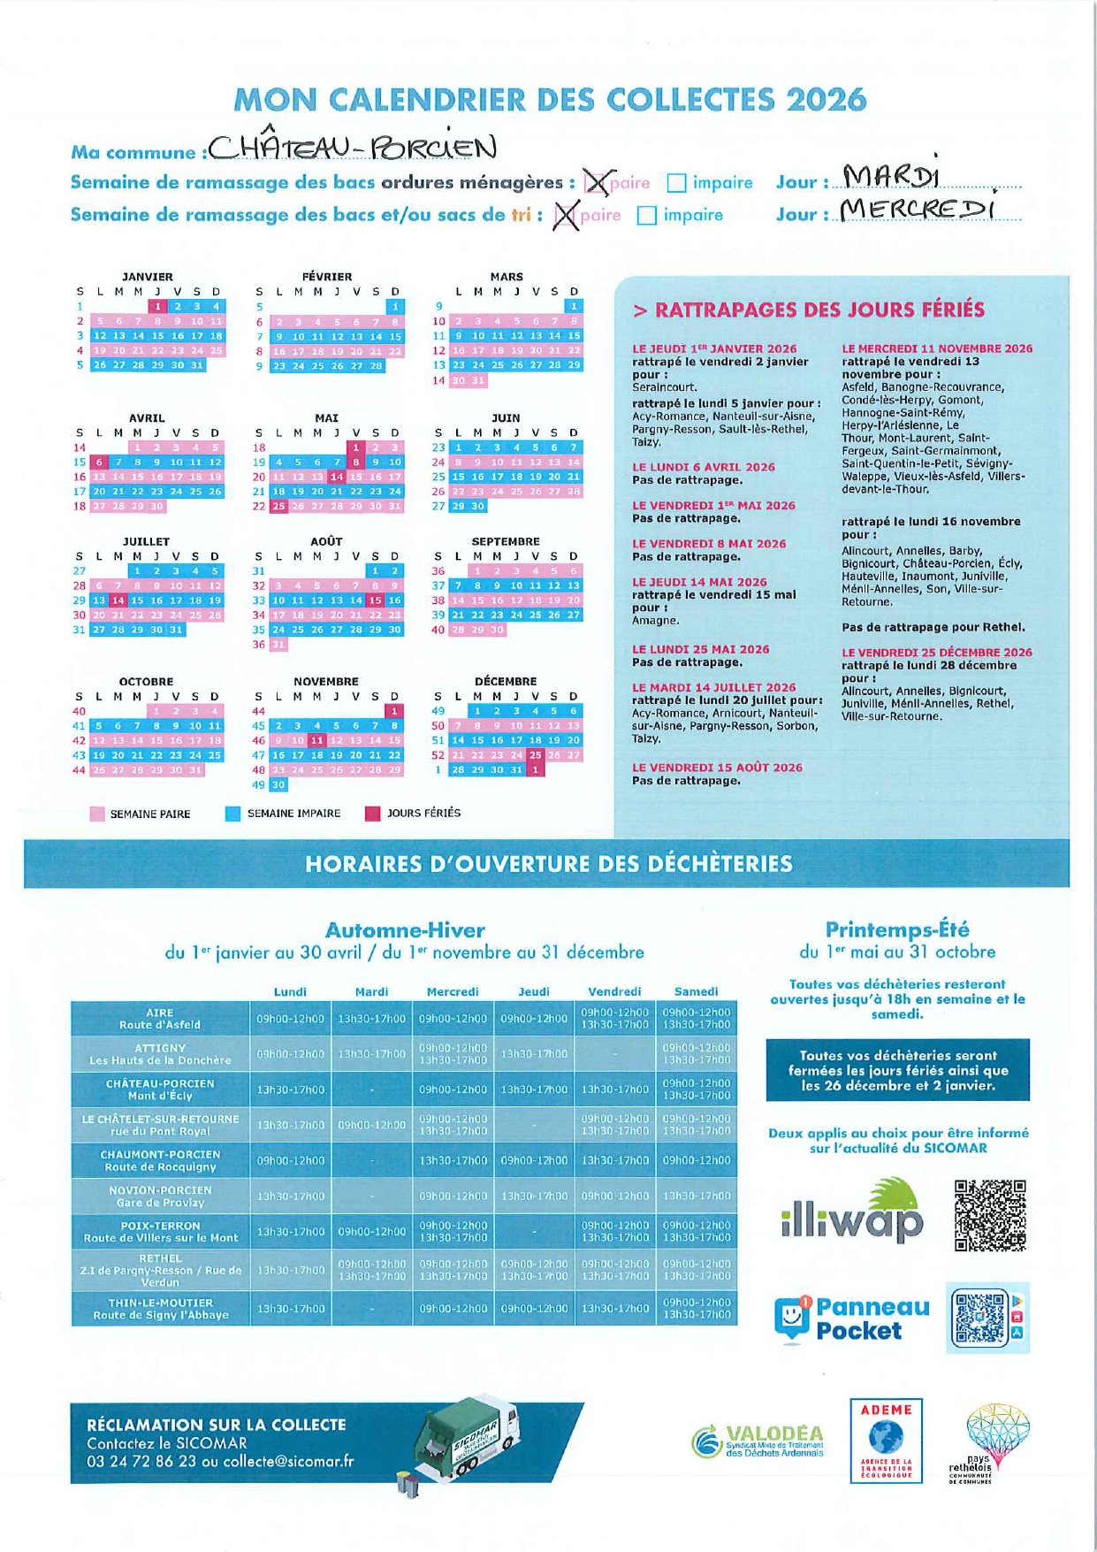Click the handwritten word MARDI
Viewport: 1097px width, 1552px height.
(x=890, y=178)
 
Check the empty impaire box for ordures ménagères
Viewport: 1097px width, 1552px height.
(x=676, y=183)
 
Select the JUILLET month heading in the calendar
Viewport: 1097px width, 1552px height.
(x=146, y=541)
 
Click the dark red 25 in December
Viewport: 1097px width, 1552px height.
(x=535, y=755)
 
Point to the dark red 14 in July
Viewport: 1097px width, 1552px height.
(x=118, y=600)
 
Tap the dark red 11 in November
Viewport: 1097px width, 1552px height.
(x=317, y=740)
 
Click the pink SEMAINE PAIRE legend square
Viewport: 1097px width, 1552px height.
(x=97, y=814)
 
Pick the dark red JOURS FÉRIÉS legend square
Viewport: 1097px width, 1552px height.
(x=372, y=814)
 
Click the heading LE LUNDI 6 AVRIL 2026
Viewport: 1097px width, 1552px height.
(x=703, y=467)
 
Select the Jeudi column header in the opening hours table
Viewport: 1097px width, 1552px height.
(x=534, y=991)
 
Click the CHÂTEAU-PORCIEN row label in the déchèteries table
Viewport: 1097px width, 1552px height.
(x=160, y=1089)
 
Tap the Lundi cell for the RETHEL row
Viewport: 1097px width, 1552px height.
(x=290, y=1270)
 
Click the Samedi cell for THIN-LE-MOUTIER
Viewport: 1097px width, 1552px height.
(x=697, y=1309)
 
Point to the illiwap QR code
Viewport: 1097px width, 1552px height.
(x=990, y=1215)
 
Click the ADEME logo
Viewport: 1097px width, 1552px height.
(x=886, y=1439)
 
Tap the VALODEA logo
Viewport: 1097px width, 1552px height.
(x=758, y=1441)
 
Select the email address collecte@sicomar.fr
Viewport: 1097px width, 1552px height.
(x=288, y=1462)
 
